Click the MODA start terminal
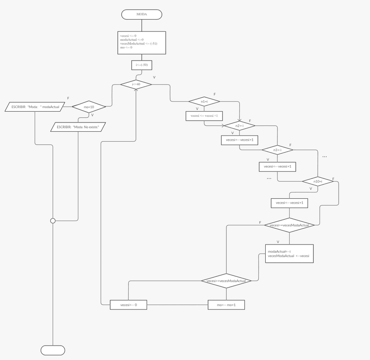[142, 14]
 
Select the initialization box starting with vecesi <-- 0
[142, 43]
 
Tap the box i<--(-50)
[142, 65]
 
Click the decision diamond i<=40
[136, 84]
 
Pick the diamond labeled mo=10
[89, 106]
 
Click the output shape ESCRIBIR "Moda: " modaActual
[35, 106]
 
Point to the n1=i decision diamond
[204, 101]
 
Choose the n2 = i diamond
[239, 126]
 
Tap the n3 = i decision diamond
[277, 149]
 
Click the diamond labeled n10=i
[318, 181]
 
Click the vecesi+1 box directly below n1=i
[204, 115]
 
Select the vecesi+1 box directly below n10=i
[290, 203]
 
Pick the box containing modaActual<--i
[289, 254]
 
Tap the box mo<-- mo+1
[226, 305]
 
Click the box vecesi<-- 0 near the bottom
[128, 305]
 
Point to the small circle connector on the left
[53, 221]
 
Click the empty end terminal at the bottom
[53, 350]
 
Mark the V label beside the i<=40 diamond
[154, 77]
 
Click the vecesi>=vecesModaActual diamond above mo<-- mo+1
[226, 281]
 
